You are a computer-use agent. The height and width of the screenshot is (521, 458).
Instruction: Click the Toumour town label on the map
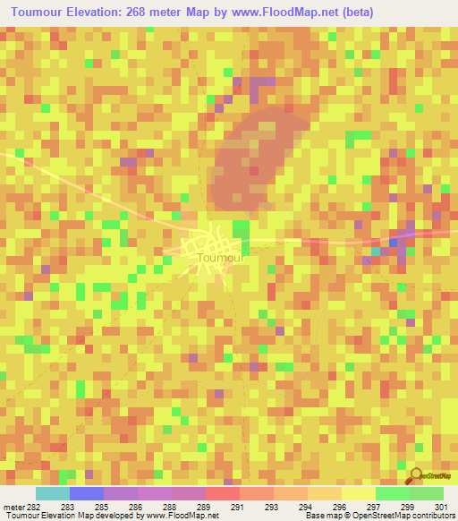tap(219, 258)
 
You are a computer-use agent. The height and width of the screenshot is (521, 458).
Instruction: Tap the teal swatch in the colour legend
tap(52, 493)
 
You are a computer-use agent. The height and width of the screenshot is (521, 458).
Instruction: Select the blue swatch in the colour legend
tap(86, 493)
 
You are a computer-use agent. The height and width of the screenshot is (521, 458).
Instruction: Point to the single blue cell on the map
tap(394, 242)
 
